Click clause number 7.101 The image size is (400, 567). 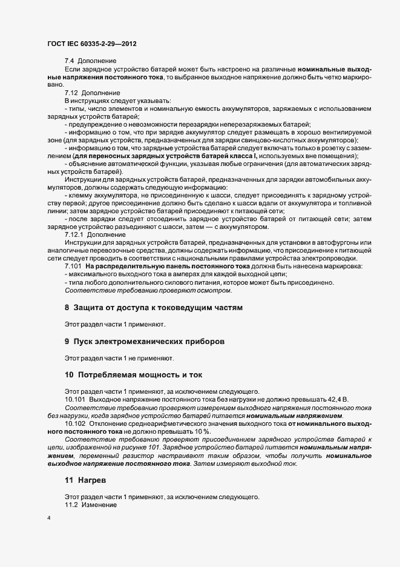(73, 267)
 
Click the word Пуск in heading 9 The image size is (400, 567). (87, 342)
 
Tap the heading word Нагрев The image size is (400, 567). (93, 480)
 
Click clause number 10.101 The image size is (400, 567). (75, 400)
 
